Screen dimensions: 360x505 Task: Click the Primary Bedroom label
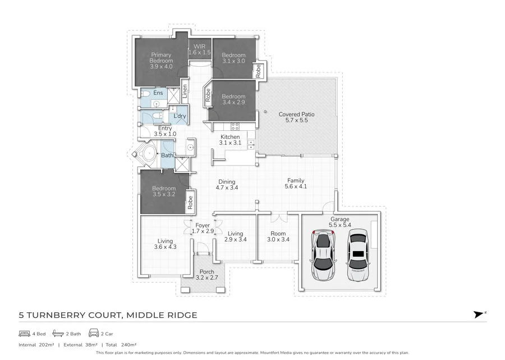click(x=160, y=61)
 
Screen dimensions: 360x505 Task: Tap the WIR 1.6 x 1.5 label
click(x=199, y=49)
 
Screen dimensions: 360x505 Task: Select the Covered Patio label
click(x=296, y=117)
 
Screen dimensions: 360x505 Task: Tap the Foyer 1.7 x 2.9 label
click(x=203, y=229)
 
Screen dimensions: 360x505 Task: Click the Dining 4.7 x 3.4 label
click(x=227, y=185)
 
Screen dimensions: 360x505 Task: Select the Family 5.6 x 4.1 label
click(x=296, y=183)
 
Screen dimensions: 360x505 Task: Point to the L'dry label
click(x=180, y=116)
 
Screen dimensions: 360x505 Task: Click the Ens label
click(x=158, y=93)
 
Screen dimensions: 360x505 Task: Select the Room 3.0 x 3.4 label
click(x=278, y=236)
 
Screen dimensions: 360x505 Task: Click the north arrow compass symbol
click(x=479, y=315)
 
